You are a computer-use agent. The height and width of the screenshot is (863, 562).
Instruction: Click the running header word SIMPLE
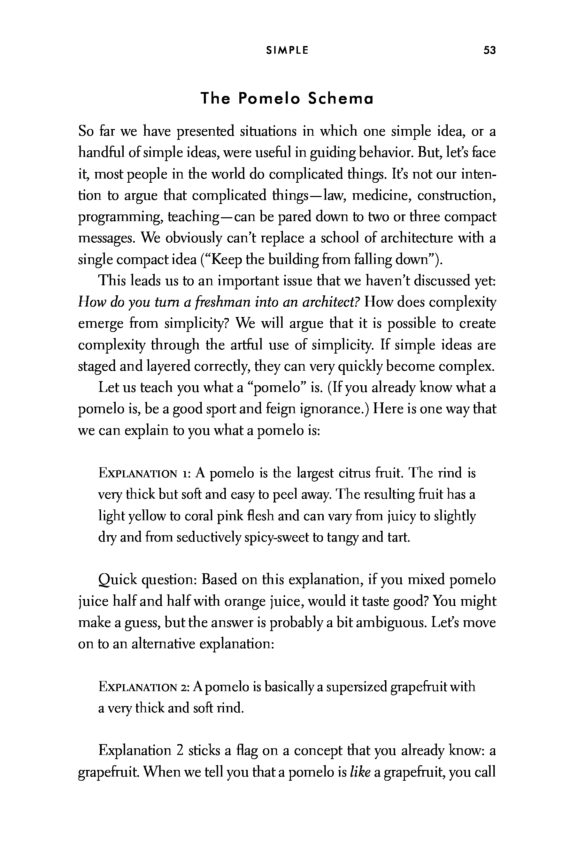[x=287, y=51]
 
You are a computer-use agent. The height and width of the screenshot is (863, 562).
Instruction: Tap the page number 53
[x=489, y=51]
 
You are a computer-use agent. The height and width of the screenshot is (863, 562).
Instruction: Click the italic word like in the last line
[x=360, y=772]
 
